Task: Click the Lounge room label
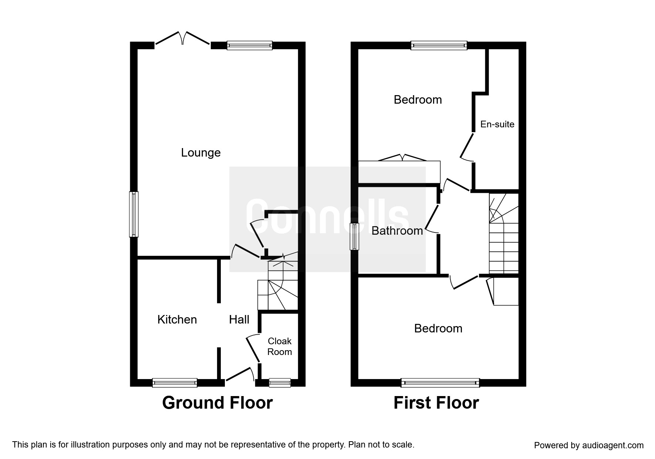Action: pyautogui.click(x=200, y=153)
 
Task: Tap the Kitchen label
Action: pyautogui.click(x=177, y=319)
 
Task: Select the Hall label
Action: pyautogui.click(x=239, y=319)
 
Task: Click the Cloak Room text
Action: pyautogui.click(x=280, y=346)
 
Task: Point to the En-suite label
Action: pyautogui.click(x=497, y=124)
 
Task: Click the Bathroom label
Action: pyautogui.click(x=397, y=231)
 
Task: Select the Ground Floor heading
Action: pyautogui.click(x=217, y=403)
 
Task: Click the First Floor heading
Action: pyautogui.click(x=436, y=403)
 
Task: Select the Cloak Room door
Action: pyautogui.click(x=253, y=348)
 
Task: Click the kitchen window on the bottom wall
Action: pyautogui.click(x=175, y=383)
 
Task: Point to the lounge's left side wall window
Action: pyautogui.click(x=134, y=214)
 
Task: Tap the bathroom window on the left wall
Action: pyautogui.click(x=354, y=237)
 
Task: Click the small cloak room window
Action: pyautogui.click(x=280, y=383)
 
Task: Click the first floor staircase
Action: pyautogui.click(x=503, y=237)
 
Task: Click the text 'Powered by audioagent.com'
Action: pyautogui.click(x=589, y=445)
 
